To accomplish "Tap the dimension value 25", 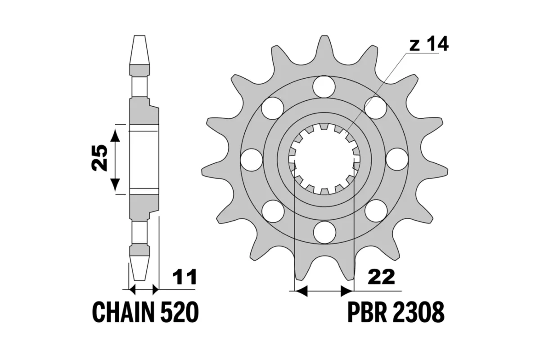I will (x=100, y=158).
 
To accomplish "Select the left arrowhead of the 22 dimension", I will (x=300, y=291).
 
